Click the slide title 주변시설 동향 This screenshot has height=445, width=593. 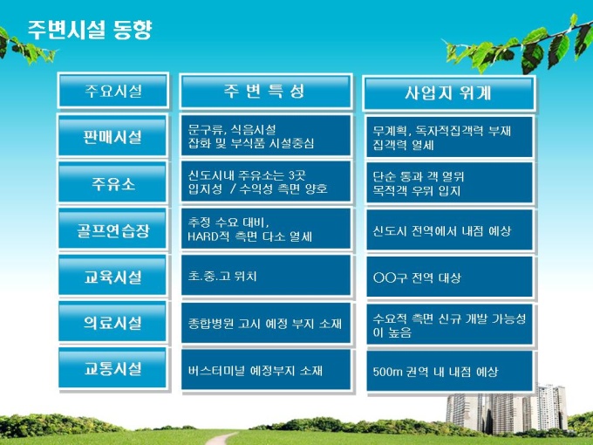pos(90,30)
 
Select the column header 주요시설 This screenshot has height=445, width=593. pos(113,91)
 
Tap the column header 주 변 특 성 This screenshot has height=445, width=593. pos(266,92)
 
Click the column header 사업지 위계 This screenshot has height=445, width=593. pos(448,92)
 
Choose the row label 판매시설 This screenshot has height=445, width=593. pos(112,136)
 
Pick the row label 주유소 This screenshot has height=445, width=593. pos(112,183)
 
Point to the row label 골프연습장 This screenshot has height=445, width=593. pos(112,229)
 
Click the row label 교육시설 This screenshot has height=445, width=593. pos(112,277)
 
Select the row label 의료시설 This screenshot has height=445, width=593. pos(112,322)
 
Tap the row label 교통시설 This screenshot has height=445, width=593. pos(112,368)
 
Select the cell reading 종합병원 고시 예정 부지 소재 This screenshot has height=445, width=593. pos(266,323)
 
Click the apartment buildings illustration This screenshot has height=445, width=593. pos(507,409)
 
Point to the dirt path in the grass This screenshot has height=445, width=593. pos(222,439)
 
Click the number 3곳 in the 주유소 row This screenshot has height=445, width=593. pos(297,175)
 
